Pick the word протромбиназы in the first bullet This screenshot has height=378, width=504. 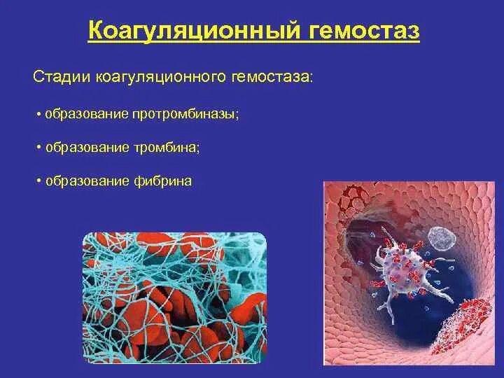point(185,114)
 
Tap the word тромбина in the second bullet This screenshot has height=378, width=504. point(167,148)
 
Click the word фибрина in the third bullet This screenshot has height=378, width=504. point(162,181)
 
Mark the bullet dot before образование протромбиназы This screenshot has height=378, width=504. point(39,114)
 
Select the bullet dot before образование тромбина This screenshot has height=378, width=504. point(39,148)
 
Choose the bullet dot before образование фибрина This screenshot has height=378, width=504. point(39,181)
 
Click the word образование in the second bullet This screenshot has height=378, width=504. point(87,148)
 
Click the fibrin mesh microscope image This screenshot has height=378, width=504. point(175,297)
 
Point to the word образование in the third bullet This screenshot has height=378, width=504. point(87,181)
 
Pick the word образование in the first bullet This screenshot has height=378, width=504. point(87,114)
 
